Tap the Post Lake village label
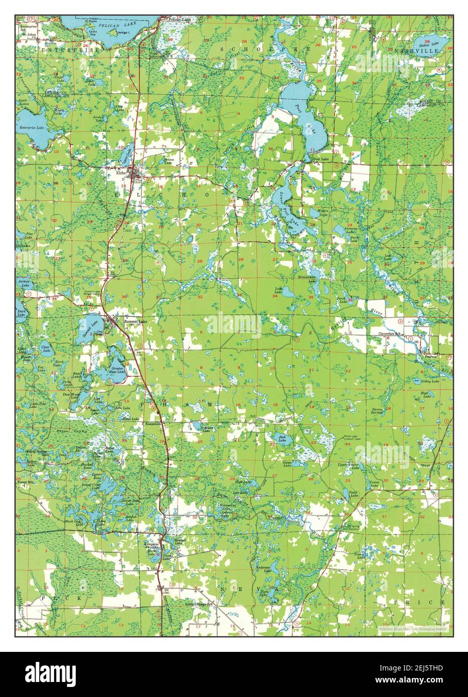click(321, 159)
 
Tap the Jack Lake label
click(282, 437)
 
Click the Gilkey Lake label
click(431, 382)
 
